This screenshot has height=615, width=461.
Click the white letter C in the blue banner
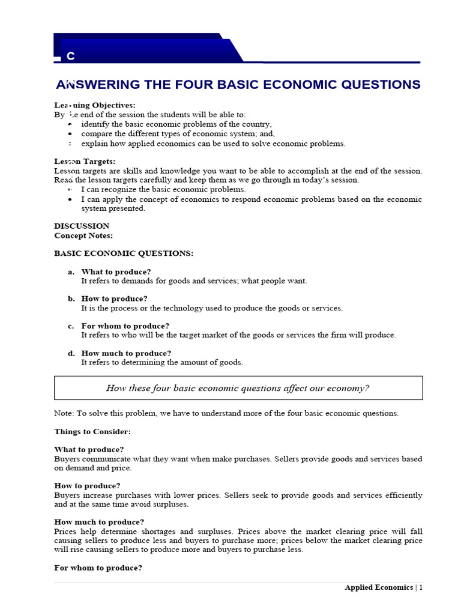(x=71, y=56)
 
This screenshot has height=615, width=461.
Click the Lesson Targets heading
(x=85, y=161)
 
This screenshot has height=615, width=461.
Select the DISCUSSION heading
(x=82, y=226)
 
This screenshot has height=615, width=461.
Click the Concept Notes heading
(x=83, y=235)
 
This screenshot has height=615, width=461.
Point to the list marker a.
(x=71, y=271)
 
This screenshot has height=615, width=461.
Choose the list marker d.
(x=71, y=353)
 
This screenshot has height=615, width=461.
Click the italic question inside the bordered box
(x=238, y=388)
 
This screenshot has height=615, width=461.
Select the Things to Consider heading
(x=92, y=431)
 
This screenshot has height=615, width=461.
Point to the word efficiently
(x=402, y=495)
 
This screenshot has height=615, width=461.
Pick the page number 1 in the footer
(x=421, y=587)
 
